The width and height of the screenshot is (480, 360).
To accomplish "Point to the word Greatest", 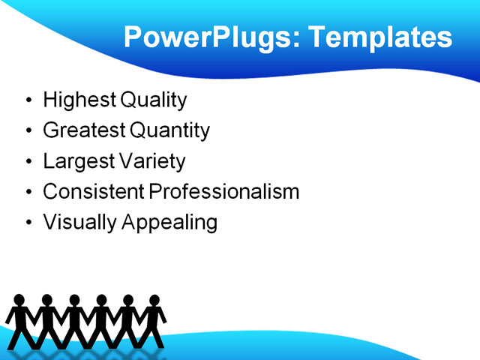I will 84,130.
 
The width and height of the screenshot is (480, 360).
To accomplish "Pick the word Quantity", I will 169,130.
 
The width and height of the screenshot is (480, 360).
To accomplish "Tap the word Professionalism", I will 224,191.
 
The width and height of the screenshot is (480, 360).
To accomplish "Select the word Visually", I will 74,223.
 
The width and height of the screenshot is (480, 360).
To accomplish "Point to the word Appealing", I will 165,223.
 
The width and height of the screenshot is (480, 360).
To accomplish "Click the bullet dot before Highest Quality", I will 28,100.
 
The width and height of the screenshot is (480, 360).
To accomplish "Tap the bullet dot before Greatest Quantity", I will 28,131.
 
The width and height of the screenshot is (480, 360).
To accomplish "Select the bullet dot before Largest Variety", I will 28,162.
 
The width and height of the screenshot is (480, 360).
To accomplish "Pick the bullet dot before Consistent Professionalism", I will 28,192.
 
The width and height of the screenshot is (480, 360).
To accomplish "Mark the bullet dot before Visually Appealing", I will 28,223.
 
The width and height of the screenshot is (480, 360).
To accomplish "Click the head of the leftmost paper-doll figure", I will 19,300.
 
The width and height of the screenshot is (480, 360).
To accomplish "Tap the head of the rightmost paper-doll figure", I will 154,300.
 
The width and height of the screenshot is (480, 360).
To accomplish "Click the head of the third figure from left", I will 73,300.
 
